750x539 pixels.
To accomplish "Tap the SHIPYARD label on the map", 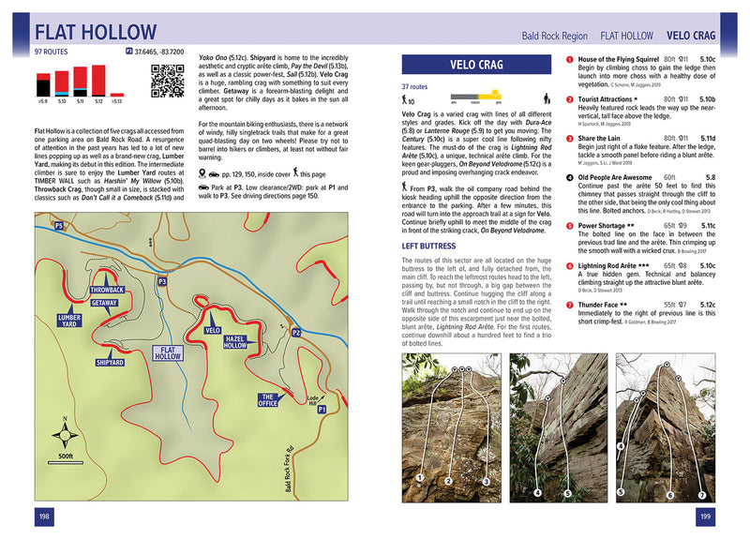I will point(110,361).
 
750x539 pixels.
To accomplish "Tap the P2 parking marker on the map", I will point(295,332).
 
